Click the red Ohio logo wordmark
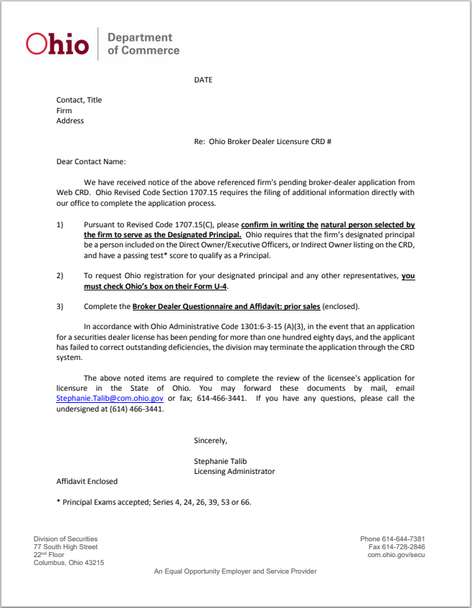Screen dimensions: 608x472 pos(57,44)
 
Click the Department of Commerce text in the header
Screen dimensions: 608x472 pos(143,44)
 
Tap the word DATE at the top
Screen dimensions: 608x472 pos(203,80)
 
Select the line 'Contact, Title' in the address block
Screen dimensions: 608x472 pos(79,100)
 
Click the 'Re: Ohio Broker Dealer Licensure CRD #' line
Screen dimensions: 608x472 pos(263,142)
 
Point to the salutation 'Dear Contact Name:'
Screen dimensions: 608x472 pos(90,162)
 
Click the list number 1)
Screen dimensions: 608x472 pos(60,224)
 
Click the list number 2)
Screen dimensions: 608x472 pos(60,275)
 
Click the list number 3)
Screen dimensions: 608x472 pos(60,306)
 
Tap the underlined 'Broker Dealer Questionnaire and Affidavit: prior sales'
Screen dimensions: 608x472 pos(226,306)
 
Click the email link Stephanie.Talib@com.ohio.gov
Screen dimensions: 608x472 pos(110,398)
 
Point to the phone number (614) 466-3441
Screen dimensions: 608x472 pos(137,409)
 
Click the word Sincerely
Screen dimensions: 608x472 pos(210,440)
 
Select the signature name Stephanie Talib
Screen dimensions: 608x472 pos(220,461)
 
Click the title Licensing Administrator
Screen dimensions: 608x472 pos(234,471)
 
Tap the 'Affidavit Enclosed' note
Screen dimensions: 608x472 pos(87,481)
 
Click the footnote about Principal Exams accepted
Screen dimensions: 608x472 pos(154,502)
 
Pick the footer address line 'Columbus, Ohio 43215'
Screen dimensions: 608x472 pos(69,563)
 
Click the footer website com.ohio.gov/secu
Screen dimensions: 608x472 pos(396,555)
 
